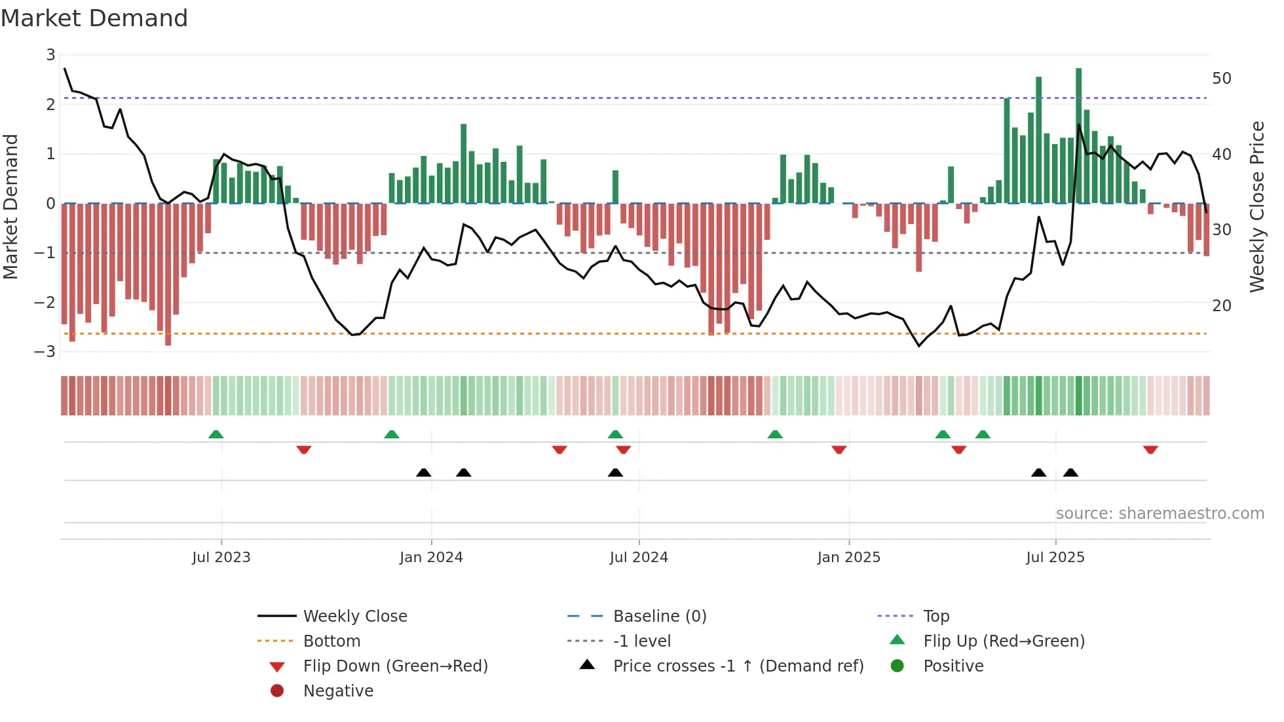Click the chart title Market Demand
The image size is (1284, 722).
[94, 18]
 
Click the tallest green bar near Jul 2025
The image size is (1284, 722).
[1078, 134]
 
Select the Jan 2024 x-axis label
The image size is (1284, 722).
[431, 558]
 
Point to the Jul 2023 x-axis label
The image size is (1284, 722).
[221, 558]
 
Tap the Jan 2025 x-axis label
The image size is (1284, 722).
[849, 558]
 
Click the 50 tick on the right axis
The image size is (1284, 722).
[1222, 79]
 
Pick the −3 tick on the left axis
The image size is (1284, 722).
[45, 352]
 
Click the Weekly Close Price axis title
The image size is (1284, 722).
[1256, 207]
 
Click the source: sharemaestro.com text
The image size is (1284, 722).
[1160, 514]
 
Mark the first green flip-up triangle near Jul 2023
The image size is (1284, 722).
[216, 434]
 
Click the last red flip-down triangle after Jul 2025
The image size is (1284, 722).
[1150, 449]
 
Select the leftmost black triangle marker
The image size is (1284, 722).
[424, 472]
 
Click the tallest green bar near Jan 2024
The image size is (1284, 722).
[464, 164]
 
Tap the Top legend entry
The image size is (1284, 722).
[936, 617]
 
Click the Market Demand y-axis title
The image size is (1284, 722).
[11, 207]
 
